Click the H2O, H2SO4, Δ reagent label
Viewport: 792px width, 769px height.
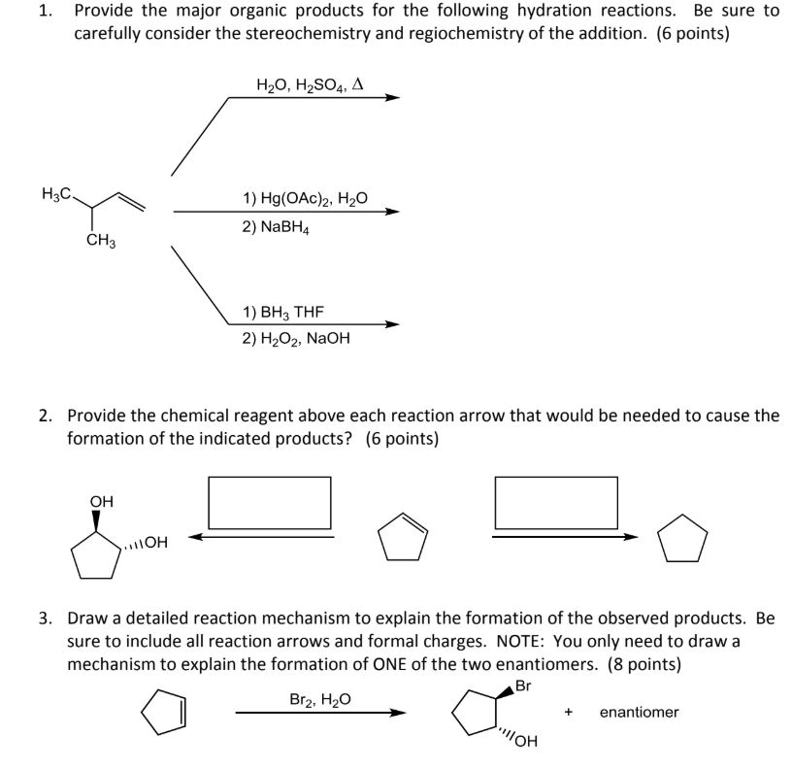coord(310,84)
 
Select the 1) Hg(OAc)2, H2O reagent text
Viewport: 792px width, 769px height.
coord(306,197)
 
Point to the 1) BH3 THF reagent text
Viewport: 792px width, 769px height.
coord(284,312)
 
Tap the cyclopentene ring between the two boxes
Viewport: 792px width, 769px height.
coord(400,535)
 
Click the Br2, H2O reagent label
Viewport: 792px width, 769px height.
coord(320,699)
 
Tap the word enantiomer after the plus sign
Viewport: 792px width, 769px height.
coord(639,713)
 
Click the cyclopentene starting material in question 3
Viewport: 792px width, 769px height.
coord(164,712)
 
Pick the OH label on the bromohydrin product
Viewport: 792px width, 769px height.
coord(522,744)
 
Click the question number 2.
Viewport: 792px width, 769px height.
coord(46,416)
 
